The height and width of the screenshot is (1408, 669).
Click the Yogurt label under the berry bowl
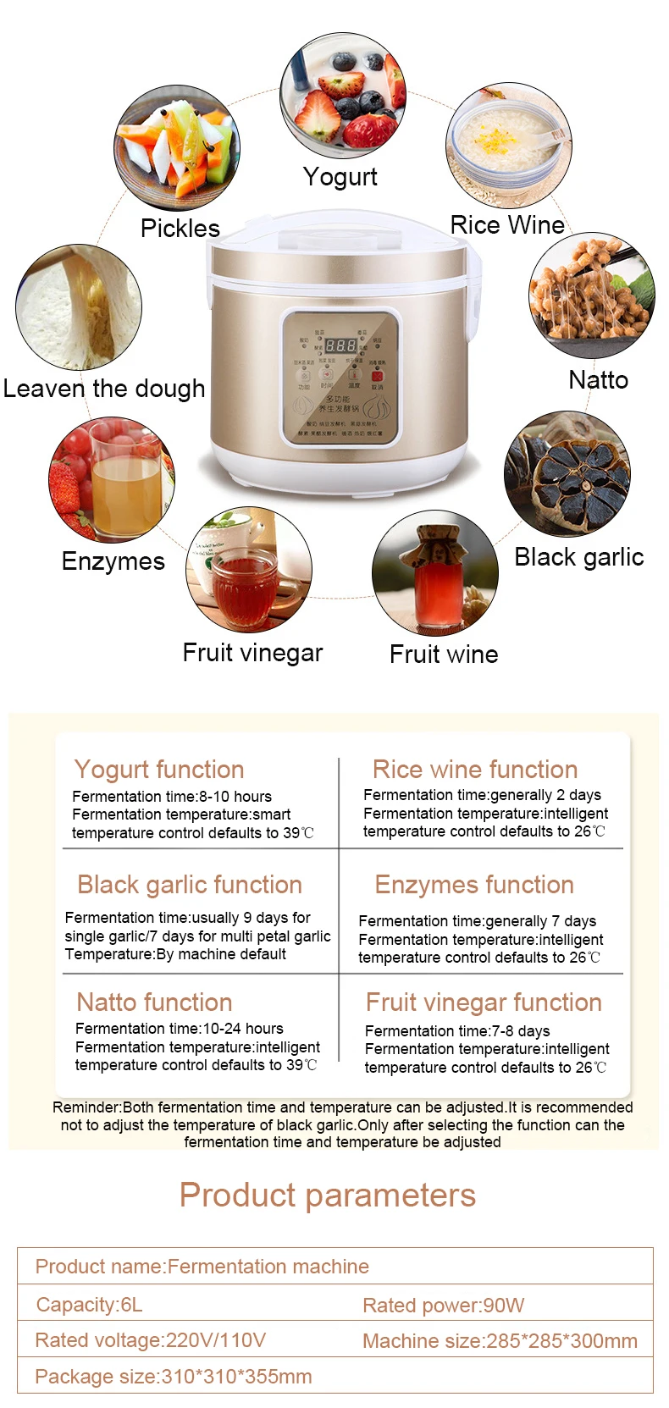tap(340, 177)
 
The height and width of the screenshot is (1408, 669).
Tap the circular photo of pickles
tap(177, 148)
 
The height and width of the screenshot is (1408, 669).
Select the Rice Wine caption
tap(507, 225)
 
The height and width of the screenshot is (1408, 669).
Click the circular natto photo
tap(591, 295)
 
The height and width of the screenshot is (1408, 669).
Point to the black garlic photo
tap(567, 474)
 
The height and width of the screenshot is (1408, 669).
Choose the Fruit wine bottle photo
tap(434, 572)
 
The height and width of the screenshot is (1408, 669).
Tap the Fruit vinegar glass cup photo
tap(249, 570)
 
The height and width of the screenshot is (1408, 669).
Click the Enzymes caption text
tap(113, 561)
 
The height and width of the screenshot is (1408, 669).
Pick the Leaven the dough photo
tap(78, 307)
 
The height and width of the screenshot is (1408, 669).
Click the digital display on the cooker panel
tap(340, 345)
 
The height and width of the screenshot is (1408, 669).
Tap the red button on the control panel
tap(377, 376)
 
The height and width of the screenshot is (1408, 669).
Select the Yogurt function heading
tap(159, 770)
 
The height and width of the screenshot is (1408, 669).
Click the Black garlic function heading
tap(190, 885)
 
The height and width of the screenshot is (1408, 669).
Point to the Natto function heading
tap(154, 1002)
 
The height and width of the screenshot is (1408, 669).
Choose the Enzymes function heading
tap(474, 885)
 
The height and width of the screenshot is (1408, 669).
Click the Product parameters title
tap(328, 1195)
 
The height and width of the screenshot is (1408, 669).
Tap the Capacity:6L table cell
tap(90, 1305)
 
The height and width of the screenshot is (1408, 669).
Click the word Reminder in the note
tap(86, 1107)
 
